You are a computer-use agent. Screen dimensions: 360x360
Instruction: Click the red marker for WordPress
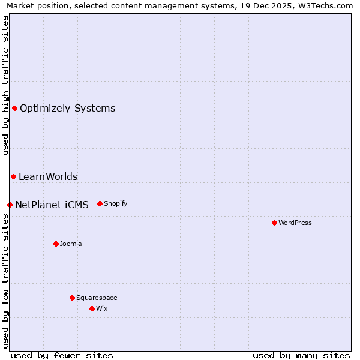pyautogui.click(x=274, y=223)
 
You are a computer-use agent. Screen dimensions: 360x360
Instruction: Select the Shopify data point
pyautogui.click(x=100, y=203)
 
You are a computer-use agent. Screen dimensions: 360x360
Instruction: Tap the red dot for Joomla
pyautogui.click(x=56, y=244)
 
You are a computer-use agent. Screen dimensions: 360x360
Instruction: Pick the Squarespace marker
pyautogui.click(x=72, y=298)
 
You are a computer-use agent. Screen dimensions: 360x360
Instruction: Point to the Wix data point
pyautogui.click(x=92, y=308)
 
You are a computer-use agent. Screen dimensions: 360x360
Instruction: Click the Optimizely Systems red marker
pyautogui.click(x=14, y=108)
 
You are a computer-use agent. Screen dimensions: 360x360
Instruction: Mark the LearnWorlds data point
pyautogui.click(x=13, y=176)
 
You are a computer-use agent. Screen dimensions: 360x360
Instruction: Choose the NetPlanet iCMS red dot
pyautogui.click(x=10, y=205)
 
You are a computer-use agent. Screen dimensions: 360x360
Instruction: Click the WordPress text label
pyautogui.click(x=295, y=223)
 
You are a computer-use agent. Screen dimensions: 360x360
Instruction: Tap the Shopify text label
pyautogui.click(x=116, y=203)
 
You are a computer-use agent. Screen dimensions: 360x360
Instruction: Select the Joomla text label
pyautogui.click(x=71, y=244)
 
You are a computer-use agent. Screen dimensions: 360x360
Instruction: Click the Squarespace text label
pyautogui.click(x=97, y=298)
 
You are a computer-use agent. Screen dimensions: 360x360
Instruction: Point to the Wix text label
pyautogui.click(x=102, y=308)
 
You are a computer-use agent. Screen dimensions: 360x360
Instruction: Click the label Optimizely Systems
pyautogui.click(x=68, y=108)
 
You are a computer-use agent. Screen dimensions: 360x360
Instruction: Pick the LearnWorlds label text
pyautogui.click(x=48, y=176)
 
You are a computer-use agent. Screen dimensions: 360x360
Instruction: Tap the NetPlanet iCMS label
pyautogui.click(x=52, y=205)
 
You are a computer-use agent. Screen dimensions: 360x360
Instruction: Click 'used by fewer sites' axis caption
pyautogui.click(x=62, y=355)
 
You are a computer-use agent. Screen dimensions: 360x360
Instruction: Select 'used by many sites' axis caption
pyautogui.click(x=301, y=355)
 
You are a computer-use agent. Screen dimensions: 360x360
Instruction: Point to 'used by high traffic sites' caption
pyautogui.click(x=5, y=85)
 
